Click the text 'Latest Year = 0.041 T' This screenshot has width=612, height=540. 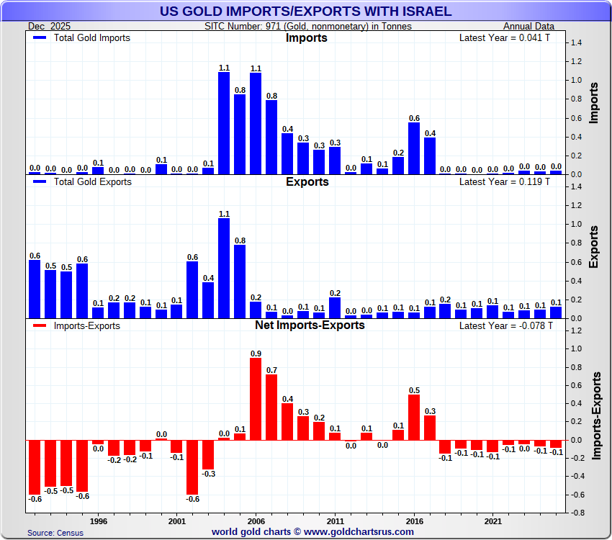pos(504,37)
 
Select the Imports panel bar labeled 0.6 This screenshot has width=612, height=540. pos(414,148)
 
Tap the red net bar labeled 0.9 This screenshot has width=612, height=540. pos(256,399)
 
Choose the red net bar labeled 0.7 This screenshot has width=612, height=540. pos(271,407)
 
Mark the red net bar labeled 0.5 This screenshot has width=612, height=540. pos(414,417)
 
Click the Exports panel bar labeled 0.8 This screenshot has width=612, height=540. pos(240,282)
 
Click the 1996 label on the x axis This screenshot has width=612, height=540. pos(99,520)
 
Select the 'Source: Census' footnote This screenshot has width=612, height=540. pos(55,533)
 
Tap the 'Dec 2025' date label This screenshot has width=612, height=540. pos(50,26)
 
